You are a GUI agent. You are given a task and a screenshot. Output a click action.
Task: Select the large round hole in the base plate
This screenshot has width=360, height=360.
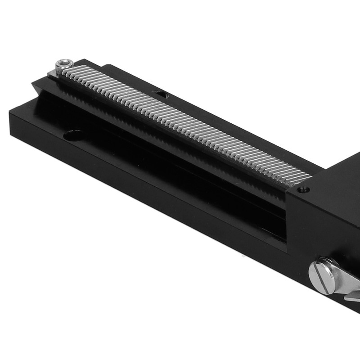[x=73, y=135]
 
